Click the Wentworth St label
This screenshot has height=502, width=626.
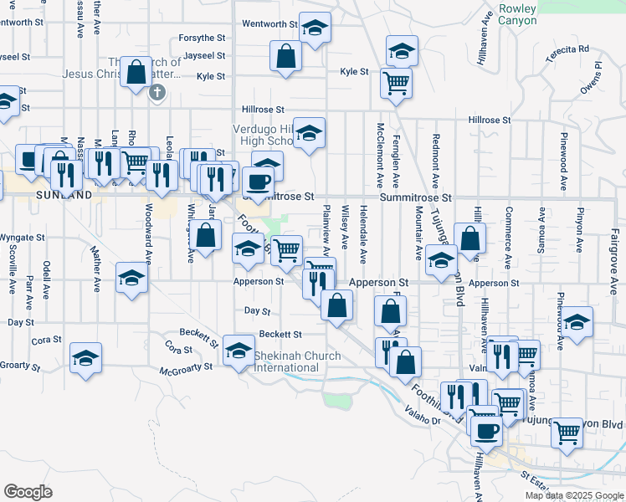click(x=269, y=24)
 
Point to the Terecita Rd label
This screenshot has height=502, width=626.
click(x=573, y=49)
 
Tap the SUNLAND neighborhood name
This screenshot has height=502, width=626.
click(x=64, y=195)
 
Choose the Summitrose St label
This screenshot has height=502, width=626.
click(x=416, y=198)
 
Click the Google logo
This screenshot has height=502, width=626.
click(x=28, y=491)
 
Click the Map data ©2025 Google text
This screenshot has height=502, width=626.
click(x=574, y=495)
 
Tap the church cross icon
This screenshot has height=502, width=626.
click(x=156, y=92)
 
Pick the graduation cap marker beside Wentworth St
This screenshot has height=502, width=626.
click(x=314, y=31)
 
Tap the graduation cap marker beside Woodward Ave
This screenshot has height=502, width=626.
click(x=131, y=279)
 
